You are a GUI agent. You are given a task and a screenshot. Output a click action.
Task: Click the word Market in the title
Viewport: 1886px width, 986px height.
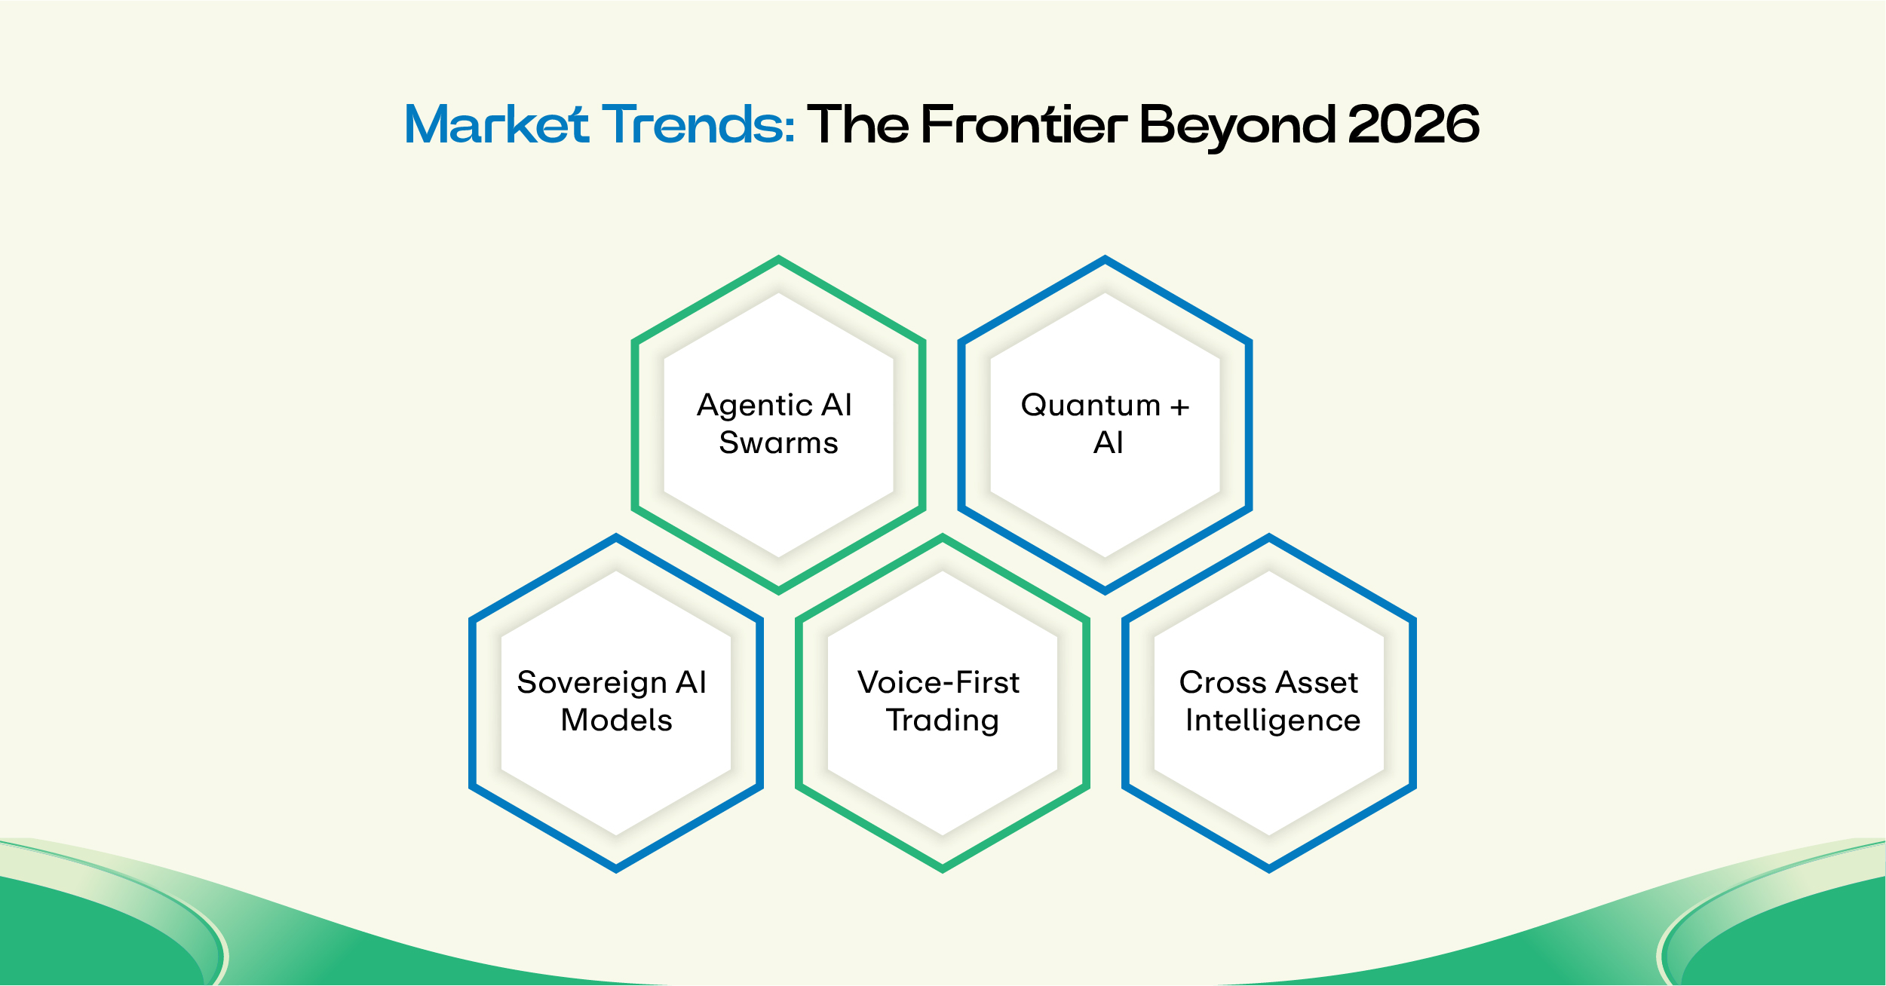(x=496, y=124)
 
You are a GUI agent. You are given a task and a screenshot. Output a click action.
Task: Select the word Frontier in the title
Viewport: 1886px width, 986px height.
(x=1023, y=124)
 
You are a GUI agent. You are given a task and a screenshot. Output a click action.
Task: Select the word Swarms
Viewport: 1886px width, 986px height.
(x=778, y=442)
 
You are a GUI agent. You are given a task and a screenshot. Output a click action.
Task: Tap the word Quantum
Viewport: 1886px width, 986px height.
(x=1090, y=405)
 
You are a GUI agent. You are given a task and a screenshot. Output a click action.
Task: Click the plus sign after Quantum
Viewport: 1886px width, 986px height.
(x=1179, y=408)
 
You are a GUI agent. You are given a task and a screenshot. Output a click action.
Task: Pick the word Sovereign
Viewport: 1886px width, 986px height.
(x=591, y=684)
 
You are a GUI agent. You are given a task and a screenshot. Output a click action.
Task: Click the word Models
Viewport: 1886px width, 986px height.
(x=616, y=720)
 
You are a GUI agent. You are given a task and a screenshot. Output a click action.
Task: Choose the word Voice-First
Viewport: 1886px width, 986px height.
(x=938, y=682)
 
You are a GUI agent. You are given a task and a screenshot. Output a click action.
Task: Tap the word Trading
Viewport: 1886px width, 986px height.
(x=942, y=721)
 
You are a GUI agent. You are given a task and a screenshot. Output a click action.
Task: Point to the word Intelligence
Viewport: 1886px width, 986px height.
(x=1272, y=721)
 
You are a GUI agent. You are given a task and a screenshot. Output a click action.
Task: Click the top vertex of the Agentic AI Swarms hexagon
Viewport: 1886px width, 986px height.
(x=778, y=259)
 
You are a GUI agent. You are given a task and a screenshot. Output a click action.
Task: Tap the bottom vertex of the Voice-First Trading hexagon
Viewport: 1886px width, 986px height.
(x=942, y=869)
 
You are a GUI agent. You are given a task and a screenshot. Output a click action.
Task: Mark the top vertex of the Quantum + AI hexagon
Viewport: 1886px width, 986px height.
(x=1105, y=259)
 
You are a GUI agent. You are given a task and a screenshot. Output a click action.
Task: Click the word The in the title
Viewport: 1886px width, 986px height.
(x=857, y=124)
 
